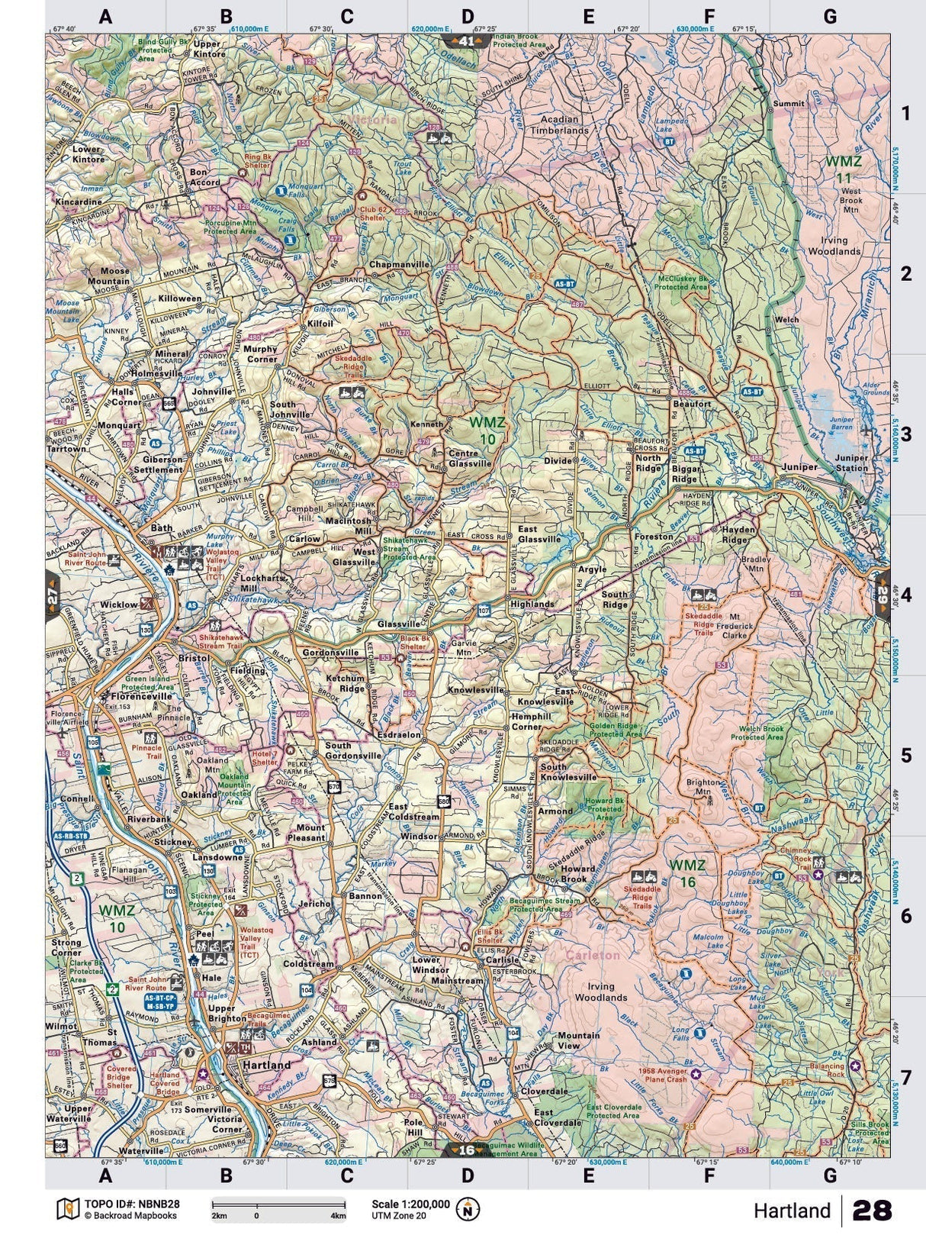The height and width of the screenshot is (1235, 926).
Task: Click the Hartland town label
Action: [x=266, y=1064]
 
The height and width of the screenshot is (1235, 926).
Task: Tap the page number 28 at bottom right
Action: [x=873, y=1211]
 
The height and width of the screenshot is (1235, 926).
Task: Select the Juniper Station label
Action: [x=851, y=463]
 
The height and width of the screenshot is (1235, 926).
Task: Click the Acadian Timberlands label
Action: [x=564, y=125]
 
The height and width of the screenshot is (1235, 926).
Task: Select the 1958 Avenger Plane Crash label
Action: [x=661, y=1075]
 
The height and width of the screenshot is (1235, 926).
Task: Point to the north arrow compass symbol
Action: [x=468, y=1209]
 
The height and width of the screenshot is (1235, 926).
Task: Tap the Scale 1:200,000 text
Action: [x=410, y=1203]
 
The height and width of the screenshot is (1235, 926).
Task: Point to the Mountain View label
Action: [x=579, y=1040]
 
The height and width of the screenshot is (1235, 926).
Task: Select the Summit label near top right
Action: [x=788, y=103]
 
